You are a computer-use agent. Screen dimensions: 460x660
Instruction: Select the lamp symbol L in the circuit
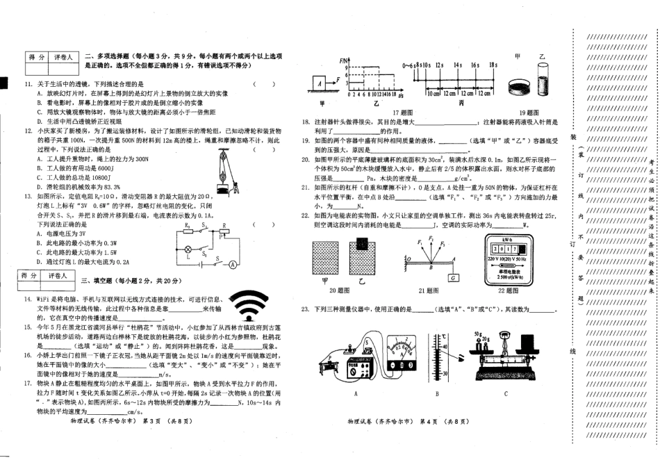pyautogui.click(x=187, y=249)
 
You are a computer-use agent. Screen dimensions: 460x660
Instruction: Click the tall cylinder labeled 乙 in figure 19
pyautogui.click(x=543, y=79)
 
